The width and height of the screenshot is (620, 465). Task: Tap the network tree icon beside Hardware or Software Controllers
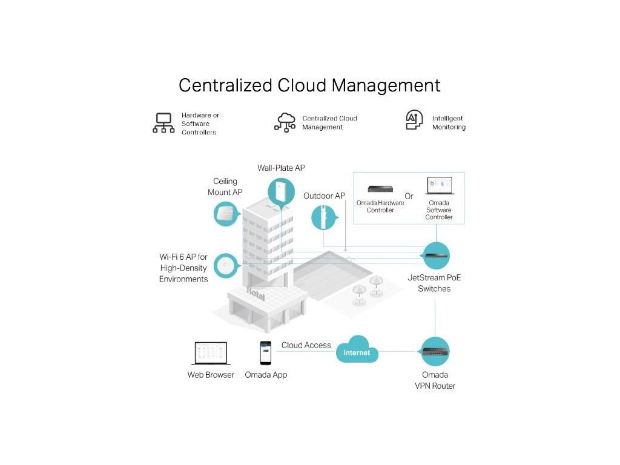click(163, 123)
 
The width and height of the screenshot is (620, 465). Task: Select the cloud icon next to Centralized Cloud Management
click(285, 122)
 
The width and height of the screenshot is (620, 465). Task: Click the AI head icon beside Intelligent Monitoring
click(414, 120)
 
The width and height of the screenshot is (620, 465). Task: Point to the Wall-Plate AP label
click(281, 168)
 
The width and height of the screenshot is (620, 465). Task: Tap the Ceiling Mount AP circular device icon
click(225, 214)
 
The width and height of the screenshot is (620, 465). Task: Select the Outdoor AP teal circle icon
click(324, 217)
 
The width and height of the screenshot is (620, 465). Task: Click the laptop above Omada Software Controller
click(439, 186)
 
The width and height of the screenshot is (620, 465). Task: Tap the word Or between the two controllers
click(409, 196)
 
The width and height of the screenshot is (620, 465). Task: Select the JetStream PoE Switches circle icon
click(435, 256)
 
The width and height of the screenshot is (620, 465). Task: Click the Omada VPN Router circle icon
click(435, 352)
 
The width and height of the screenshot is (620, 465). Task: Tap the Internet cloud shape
click(357, 351)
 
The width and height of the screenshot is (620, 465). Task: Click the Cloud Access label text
click(306, 345)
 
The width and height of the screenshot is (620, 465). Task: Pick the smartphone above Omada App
click(265, 353)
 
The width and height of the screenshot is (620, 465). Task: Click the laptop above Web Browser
click(211, 354)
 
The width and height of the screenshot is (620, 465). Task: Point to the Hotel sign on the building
click(255, 292)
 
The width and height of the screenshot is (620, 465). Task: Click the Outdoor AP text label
click(324, 196)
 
